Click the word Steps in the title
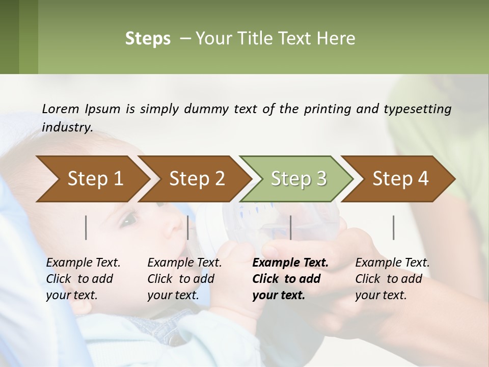[148, 39]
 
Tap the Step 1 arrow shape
[92, 178]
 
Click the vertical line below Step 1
[86, 227]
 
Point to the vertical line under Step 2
[188, 227]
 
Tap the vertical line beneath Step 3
[291, 227]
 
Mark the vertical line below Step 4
[394, 227]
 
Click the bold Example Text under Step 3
[289, 279]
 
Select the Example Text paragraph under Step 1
[83, 279]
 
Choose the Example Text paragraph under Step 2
[184, 279]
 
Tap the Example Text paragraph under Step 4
[392, 279]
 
